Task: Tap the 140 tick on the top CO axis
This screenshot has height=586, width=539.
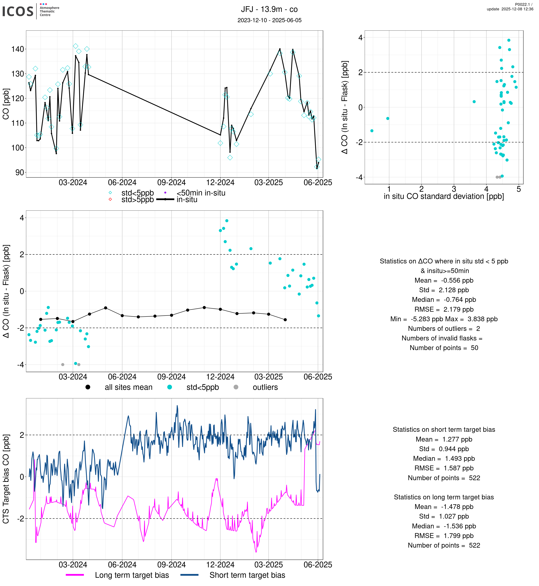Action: pyautogui.click(x=17, y=49)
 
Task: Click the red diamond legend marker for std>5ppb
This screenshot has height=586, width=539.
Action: pyautogui.click(x=110, y=199)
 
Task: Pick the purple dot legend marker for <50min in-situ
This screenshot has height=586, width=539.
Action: pyautogui.click(x=165, y=193)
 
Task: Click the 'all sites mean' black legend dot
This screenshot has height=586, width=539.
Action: pyautogui.click(x=88, y=387)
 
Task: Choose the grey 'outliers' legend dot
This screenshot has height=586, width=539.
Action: pyautogui.click(x=236, y=387)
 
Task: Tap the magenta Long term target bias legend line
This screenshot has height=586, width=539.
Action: pyautogui.click(x=75, y=575)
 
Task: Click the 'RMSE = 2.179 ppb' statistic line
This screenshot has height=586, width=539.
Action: pyautogui.click(x=444, y=309)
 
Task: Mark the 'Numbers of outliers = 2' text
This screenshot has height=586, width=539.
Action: pyautogui.click(x=444, y=328)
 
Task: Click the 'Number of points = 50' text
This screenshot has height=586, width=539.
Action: pyautogui.click(x=444, y=348)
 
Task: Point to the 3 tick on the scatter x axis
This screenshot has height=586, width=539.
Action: pyautogui.click(x=454, y=189)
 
